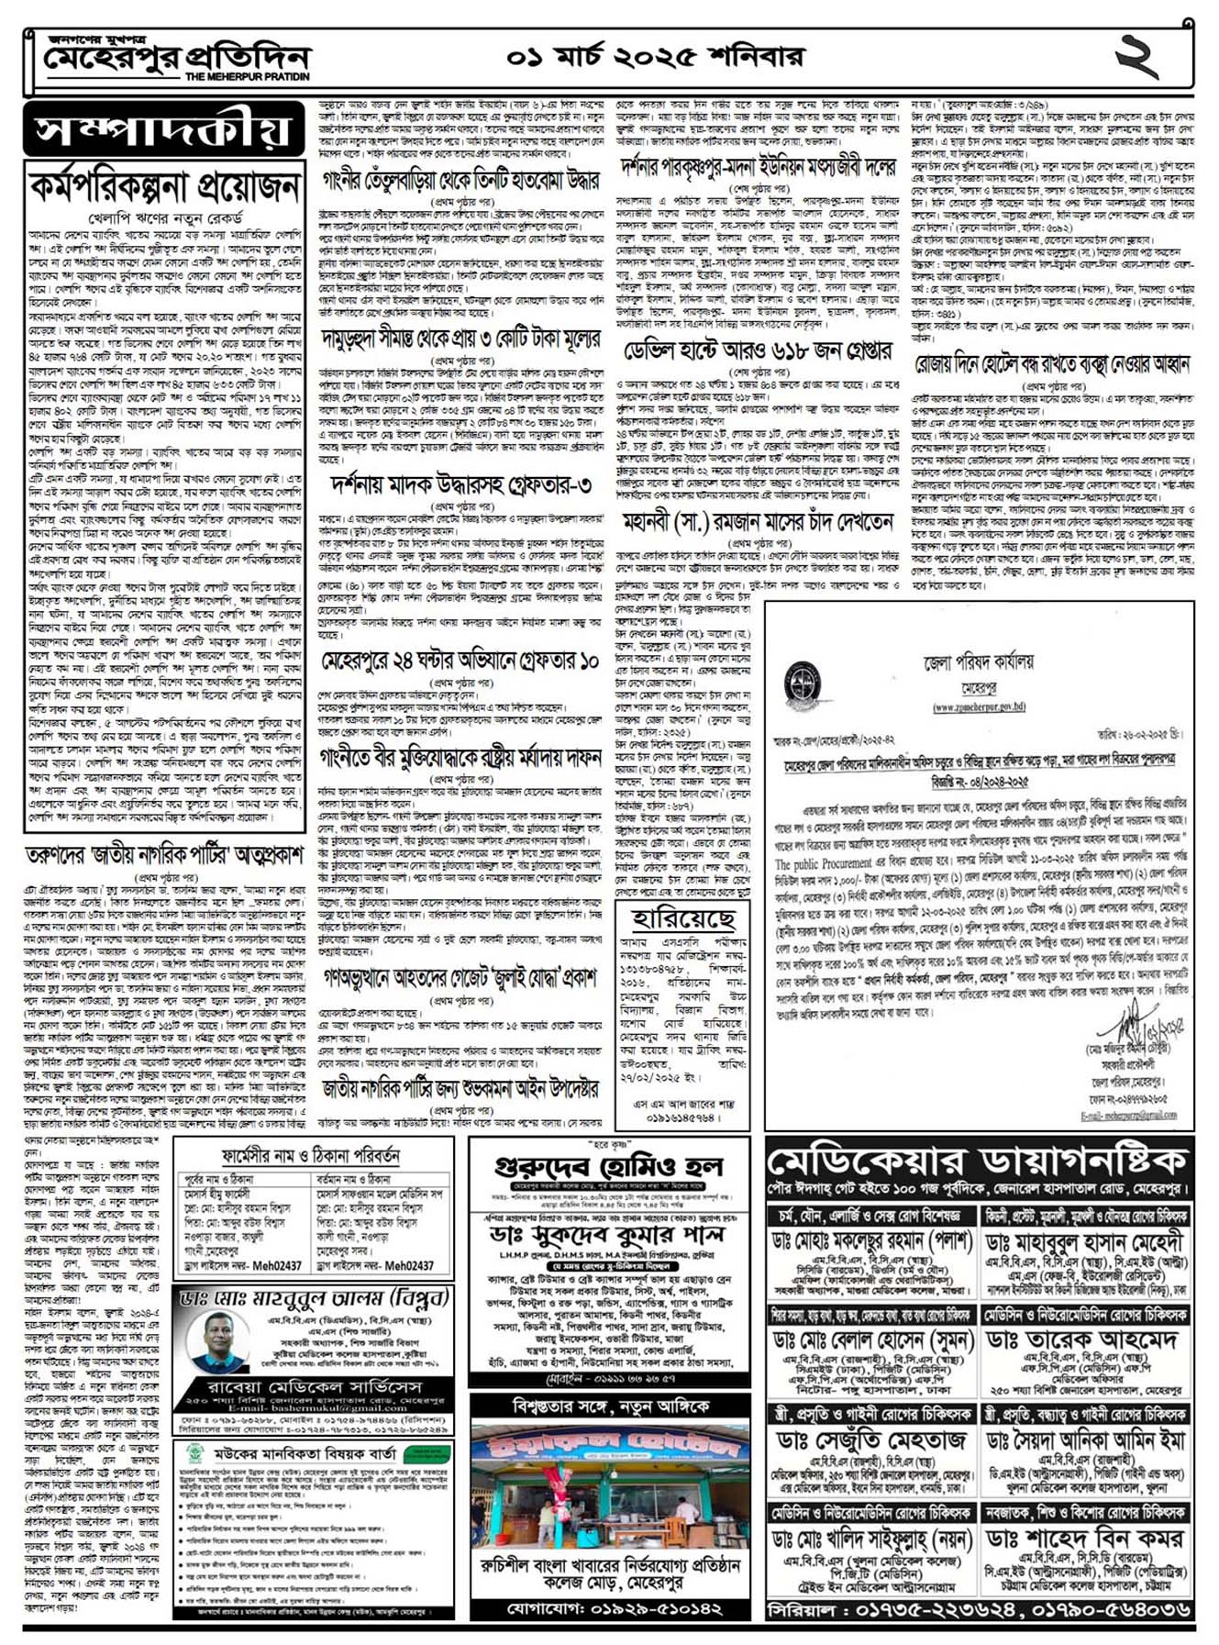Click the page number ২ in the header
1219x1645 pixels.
click(x=1136, y=56)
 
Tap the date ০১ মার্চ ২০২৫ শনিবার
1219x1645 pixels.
click(x=655, y=57)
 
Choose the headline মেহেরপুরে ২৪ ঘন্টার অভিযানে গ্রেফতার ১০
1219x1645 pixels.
click(x=461, y=661)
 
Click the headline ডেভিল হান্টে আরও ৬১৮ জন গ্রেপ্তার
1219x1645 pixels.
click(x=757, y=350)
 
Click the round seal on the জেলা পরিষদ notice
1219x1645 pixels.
click(x=803, y=683)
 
